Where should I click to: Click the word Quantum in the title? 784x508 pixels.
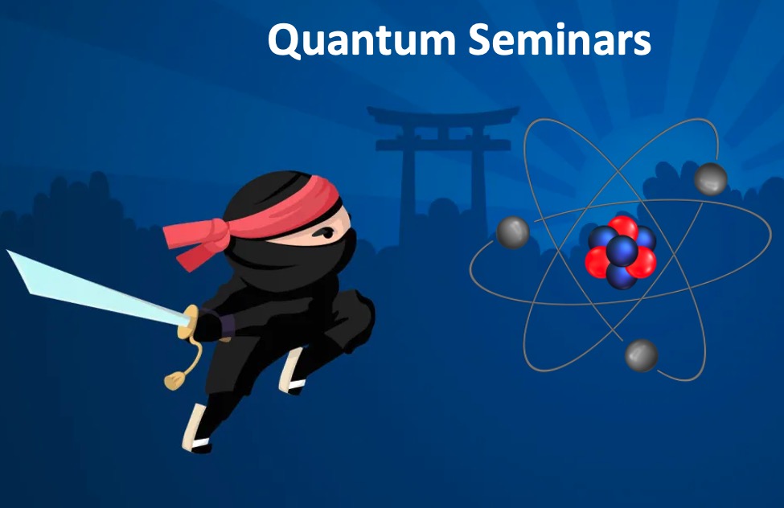click(x=362, y=40)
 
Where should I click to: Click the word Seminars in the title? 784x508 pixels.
click(x=560, y=39)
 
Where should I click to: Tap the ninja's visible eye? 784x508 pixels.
click(x=326, y=232)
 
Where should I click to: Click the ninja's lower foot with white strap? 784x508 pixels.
click(x=196, y=430)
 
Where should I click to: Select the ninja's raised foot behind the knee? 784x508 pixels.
click(x=293, y=372)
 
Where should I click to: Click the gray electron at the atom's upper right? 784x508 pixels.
click(x=711, y=178)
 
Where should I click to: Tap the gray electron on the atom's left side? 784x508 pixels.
click(x=513, y=232)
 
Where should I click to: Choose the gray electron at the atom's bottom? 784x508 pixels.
click(x=642, y=355)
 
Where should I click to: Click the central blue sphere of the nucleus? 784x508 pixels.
click(x=622, y=251)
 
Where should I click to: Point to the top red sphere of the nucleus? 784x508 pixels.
click(x=623, y=227)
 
